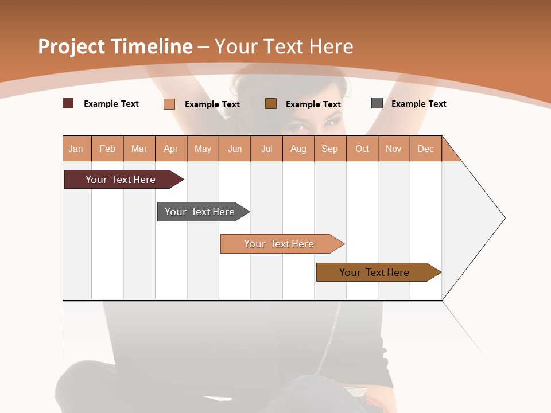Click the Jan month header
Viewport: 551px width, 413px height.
click(x=76, y=149)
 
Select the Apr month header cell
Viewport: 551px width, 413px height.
click(x=171, y=149)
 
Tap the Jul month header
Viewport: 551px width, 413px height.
click(x=266, y=149)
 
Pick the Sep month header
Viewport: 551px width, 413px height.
click(x=329, y=149)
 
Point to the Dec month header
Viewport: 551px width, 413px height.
click(x=425, y=149)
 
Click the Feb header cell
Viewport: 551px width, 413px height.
click(x=107, y=149)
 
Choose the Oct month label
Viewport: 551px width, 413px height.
click(x=362, y=149)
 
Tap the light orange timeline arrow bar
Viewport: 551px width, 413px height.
click(x=280, y=244)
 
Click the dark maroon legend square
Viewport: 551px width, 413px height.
click(x=68, y=103)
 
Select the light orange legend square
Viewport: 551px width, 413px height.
click(x=169, y=104)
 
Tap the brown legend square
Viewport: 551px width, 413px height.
click(x=271, y=103)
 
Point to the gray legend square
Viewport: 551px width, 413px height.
click(x=377, y=103)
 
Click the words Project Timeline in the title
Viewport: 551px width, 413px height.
click(x=115, y=46)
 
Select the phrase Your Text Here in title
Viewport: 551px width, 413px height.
click(x=284, y=46)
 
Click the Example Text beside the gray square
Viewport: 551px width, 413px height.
click(x=418, y=104)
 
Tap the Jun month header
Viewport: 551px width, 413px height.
click(x=235, y=149)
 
